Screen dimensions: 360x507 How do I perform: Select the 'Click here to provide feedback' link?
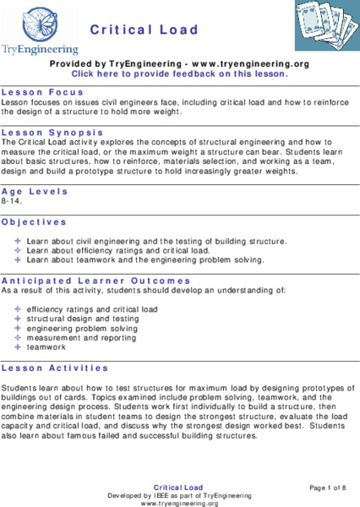click(x=180, y=74)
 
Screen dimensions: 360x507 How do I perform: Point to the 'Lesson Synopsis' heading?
click(x=52, y=133)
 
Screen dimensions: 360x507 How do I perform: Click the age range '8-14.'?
click(x=13, y=202)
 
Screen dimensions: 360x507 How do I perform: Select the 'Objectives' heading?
click(x=34, y=221)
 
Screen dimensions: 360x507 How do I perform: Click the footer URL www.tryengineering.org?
click(x=179, y=502)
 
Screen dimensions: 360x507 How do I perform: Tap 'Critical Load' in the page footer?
click(x=179, y=488)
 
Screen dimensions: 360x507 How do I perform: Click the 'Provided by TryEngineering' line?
click(x=179, y=63)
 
